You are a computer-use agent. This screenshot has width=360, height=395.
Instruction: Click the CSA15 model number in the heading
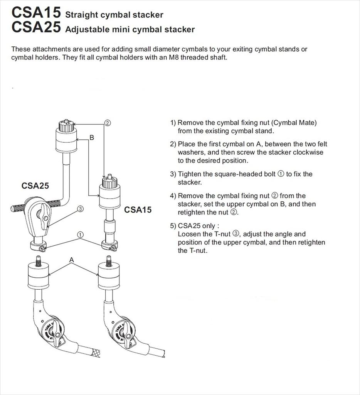36,13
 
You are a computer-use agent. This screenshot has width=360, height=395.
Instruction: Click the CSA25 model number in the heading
36,27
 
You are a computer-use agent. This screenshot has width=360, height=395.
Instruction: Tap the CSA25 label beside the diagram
35,186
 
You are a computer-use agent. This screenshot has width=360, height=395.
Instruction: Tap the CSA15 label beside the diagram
138,210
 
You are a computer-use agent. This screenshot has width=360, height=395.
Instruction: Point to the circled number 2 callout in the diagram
108,123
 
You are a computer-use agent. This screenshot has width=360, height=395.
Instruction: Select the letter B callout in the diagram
92,137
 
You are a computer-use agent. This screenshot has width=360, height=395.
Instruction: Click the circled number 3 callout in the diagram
80,209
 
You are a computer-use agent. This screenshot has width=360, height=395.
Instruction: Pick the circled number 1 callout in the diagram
80,234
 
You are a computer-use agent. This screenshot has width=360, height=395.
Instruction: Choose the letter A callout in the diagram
71,260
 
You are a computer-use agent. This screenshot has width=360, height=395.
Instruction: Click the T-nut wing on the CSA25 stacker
41,213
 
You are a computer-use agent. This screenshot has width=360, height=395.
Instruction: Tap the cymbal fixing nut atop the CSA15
109,182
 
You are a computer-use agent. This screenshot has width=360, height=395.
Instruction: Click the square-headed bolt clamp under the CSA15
109,246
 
